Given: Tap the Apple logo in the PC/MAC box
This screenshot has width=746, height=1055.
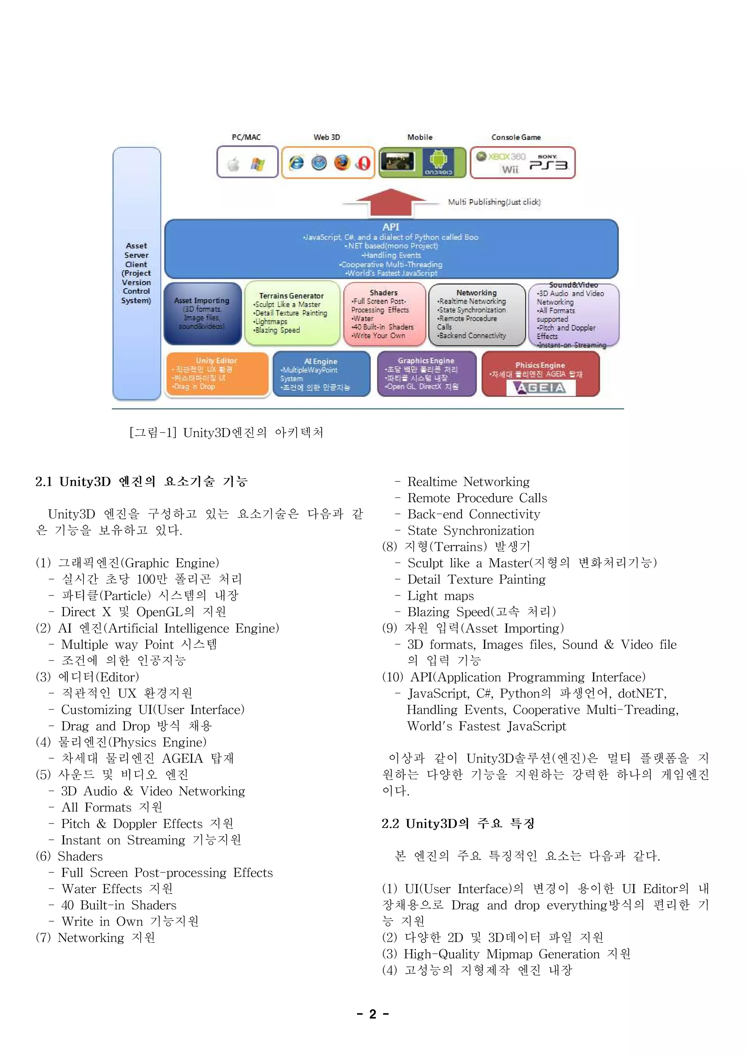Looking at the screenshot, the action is click(x=234, y=164).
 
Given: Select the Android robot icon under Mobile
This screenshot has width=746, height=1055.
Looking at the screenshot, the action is click(x=438, y=160).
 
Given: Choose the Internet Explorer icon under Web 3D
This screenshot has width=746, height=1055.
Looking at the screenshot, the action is click(x=296, y=162).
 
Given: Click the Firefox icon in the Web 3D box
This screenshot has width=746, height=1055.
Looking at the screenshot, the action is click(x=342, y=162).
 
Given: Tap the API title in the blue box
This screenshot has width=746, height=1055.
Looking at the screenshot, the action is click(x=390, y=227).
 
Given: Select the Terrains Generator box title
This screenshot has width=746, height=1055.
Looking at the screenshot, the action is click(x=291, y=296).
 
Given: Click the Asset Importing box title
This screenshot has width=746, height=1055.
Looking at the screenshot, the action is click(x=202, y=301).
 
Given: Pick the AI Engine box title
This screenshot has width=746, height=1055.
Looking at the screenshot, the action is click(x=321, y=362).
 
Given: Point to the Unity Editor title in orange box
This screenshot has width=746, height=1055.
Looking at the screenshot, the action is click(x=216, y=361).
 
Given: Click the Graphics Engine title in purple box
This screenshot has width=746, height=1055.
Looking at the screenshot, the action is click(x=426, y=361).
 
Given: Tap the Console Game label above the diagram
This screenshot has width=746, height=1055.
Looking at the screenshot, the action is click(x=516, y=137).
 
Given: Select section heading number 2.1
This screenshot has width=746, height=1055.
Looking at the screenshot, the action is click(x=44, y=481).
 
